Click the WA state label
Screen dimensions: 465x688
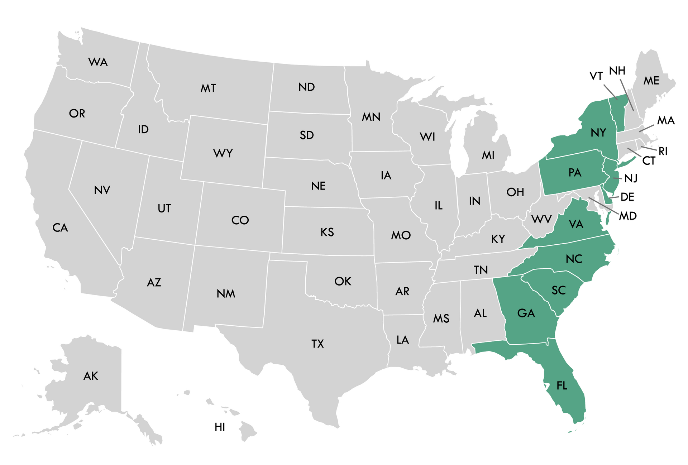[x=98, y=62]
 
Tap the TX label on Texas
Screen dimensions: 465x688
[x=317, y=344]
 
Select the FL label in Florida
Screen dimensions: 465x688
[x=562, y=385]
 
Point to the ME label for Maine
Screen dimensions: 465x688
[x=651, y=81]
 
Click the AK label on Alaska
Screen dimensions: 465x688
[x=91, y=376]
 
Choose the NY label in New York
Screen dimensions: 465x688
[x=598, y=133]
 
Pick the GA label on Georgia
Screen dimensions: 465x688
[x=526, y=313]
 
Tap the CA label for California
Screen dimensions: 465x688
[x=60, y=227]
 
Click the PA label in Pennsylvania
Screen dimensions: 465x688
[x=574, y=173]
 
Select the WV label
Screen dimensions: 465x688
[x=541, y=219]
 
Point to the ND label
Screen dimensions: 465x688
[x=306, y=87]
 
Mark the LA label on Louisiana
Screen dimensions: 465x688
[x=402, y=340]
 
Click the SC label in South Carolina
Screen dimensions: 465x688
[x=559, y=290]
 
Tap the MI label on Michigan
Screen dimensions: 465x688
[x=488, y=155]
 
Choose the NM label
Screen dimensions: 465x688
[x=226, y=294]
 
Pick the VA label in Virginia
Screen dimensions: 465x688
[x=576, y=224]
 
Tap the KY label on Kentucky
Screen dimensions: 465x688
[x=498, y=239]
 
